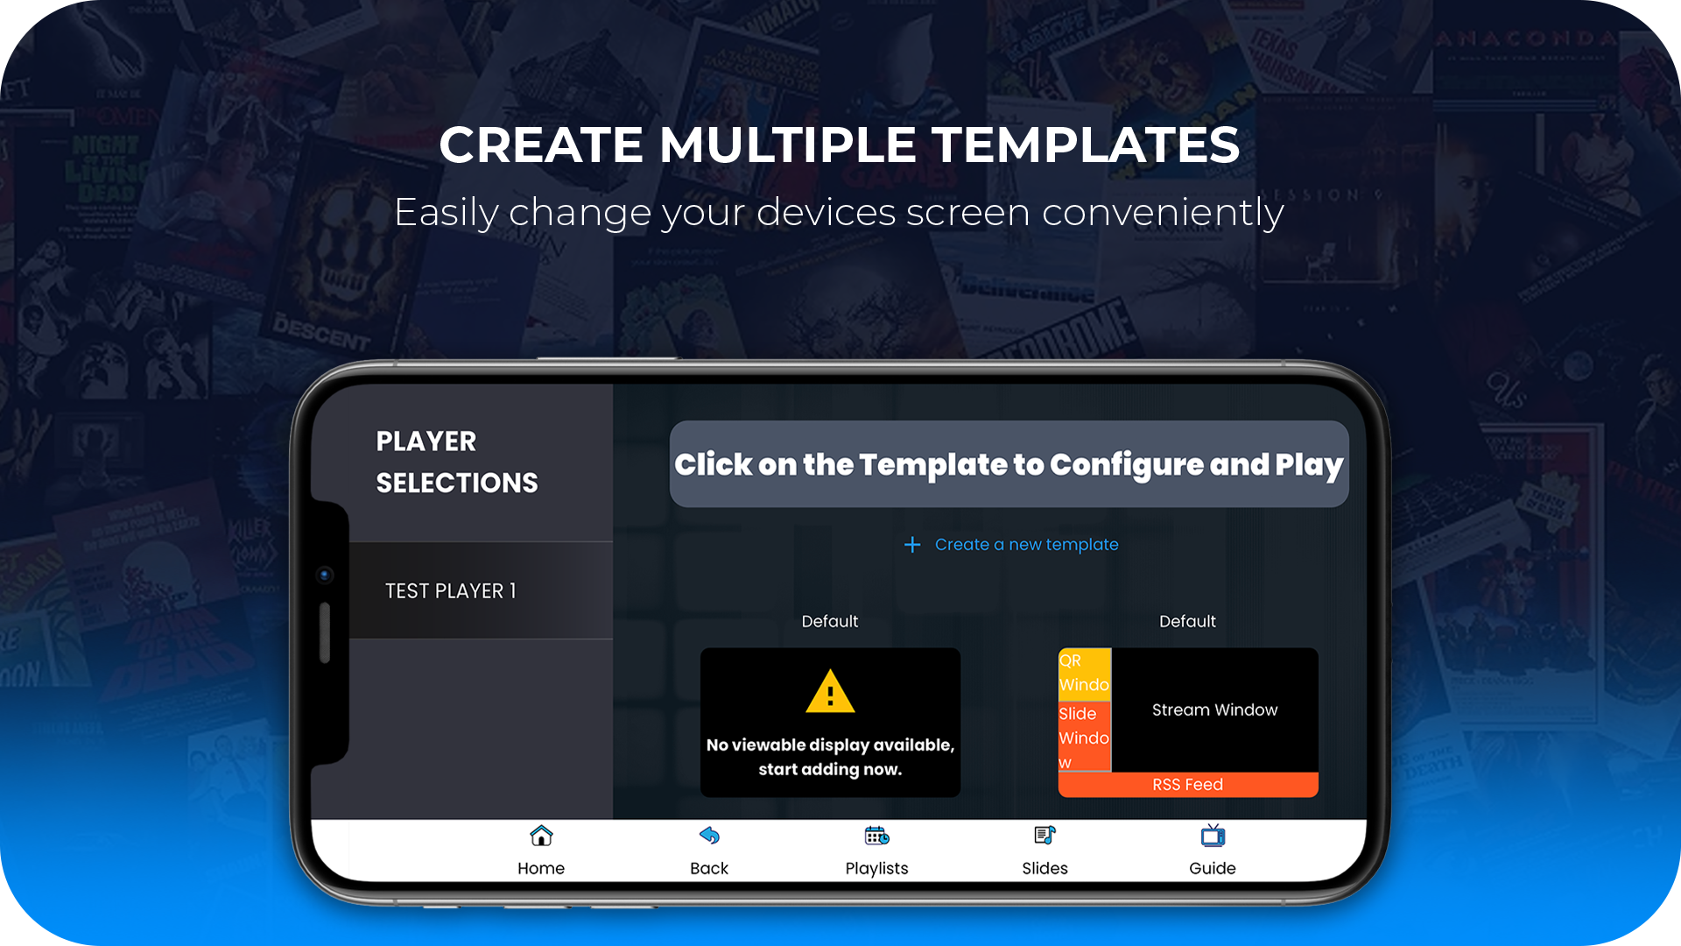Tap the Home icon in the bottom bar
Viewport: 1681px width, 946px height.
tap(541, 837)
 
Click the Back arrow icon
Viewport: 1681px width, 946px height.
tap(709, 837)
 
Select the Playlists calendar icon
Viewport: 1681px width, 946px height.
tap(876, 837)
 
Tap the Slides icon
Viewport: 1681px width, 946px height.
tap(1044, 837)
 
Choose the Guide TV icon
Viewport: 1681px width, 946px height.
tap(1213, 837)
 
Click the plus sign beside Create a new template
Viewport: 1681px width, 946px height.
tap(912, 545)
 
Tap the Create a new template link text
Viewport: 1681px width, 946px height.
tap(1026, 545)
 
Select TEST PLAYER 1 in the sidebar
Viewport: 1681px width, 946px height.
tap(451, 591)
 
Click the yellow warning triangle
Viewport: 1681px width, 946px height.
tap(830, 692)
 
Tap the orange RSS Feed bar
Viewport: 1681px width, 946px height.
tap(1187, 785)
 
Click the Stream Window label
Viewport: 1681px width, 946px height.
tap(1214, 709)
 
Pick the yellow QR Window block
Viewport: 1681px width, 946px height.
tap(1084, 673)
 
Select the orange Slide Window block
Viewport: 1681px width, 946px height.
tap(1084, 737)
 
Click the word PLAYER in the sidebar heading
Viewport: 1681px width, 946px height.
tap(426, 441)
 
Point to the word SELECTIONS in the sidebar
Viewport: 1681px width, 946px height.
tap(457, 484)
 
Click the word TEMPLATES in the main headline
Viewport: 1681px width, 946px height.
tap(1086, 145)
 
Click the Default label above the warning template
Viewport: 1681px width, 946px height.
tap(830, 621)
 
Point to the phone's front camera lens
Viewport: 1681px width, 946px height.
tap(325, 575)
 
